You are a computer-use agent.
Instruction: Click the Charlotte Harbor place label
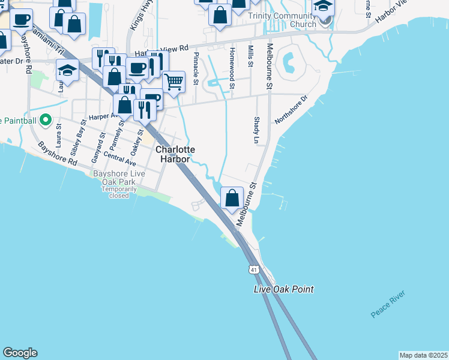(175, 154)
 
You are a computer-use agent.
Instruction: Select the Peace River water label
(388, 304)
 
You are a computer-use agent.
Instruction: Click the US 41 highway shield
(254, 270)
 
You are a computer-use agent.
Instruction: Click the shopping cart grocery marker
(173, 81)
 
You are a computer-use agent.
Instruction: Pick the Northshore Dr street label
(291, 109)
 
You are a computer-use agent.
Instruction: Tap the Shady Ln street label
(256, 130)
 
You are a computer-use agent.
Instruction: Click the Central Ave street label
(121, 158)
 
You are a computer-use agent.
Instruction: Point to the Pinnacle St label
(196, 68)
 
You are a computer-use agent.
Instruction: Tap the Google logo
(20, 353)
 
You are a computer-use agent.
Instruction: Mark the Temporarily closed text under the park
(119, 192)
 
